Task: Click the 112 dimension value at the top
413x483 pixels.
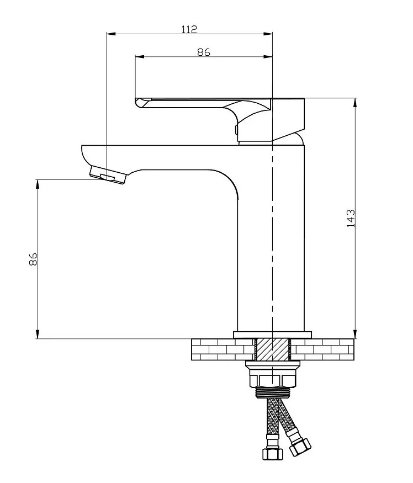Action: coord(189,29)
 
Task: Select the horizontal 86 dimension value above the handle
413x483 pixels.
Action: coord(203,52)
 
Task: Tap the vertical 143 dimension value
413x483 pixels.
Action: coord(351,219)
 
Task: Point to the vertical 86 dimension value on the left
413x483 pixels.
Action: coord(33,259)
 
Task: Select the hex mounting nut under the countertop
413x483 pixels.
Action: coord(273,380)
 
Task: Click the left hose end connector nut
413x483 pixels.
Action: coord(272,454)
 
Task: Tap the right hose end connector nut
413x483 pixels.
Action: coord(300,447)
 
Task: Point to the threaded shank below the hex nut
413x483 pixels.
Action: coord(273,392)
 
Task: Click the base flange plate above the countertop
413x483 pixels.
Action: coord(272,335)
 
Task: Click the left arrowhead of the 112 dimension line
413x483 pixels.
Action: coord(110,34)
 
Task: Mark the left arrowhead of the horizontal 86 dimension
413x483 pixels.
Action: coord(140,56)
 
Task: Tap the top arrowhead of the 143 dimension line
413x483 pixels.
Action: coord(356,103)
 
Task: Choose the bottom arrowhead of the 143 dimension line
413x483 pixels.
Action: coord(356,334)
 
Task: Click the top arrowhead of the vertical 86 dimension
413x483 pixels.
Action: coord(38,184)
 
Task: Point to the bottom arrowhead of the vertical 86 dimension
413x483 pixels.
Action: coord(38,334)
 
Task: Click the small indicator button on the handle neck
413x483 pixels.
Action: coord(236,129)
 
